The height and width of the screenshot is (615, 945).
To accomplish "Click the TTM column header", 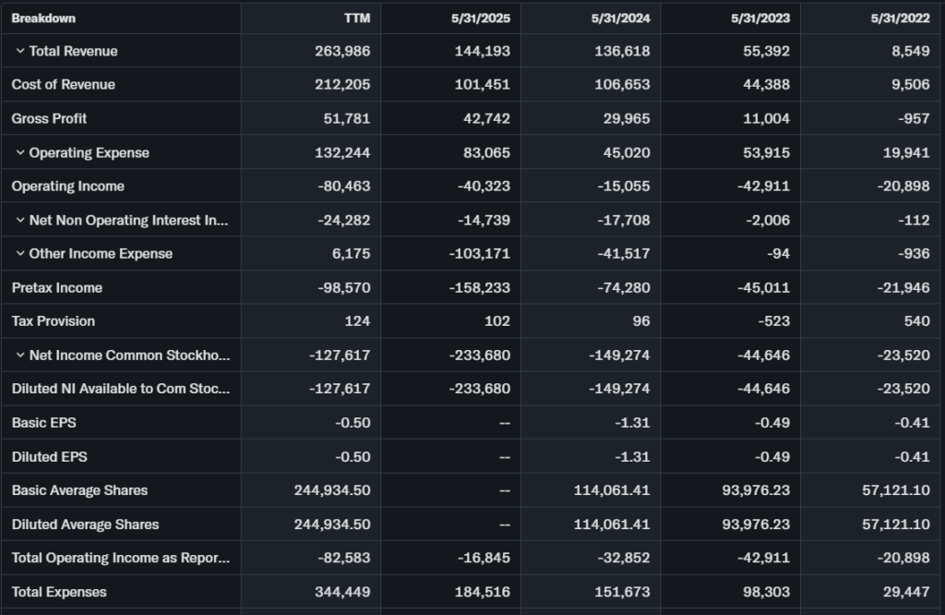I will tap(356, 18).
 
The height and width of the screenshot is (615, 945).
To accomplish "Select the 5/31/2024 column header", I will tap(621, 18).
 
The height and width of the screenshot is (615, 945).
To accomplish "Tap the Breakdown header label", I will tap(43, 18).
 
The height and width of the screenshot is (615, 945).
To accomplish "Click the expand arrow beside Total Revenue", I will tap(20, 51).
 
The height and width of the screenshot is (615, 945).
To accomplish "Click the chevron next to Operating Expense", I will tap(20, 152).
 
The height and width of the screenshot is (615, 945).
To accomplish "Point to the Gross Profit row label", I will tap(49, 118).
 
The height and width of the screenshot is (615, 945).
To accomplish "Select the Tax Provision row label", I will tap(53, 321).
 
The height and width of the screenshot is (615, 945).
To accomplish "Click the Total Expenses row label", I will tap(59, 592).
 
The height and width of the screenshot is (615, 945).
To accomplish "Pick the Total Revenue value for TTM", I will tap(342, 51).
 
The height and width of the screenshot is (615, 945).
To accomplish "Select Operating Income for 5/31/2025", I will tap(484, 187).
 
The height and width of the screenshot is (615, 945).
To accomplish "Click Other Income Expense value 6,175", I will tap(351, 254).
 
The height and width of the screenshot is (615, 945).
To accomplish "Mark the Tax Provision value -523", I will tap(772, 321).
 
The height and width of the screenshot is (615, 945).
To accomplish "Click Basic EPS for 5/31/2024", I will tap(632, 423).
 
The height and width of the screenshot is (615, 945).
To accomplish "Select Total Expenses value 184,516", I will tap(482, 592).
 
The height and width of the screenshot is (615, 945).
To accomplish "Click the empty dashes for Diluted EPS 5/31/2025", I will tap(504, 457).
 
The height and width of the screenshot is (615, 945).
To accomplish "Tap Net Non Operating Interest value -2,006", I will tap(769, 220).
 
